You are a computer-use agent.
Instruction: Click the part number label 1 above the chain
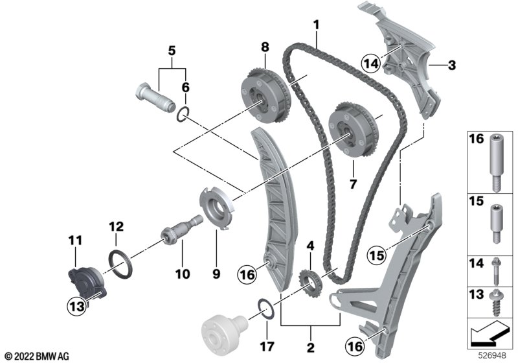pos(316,26)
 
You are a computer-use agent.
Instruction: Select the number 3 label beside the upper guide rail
pos(452,65)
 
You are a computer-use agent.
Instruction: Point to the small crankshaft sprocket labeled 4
pos(308,283)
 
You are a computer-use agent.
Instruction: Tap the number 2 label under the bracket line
pos(311,347)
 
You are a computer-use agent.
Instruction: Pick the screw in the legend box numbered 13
pos(498,299)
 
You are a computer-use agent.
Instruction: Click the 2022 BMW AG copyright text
pos(37,355)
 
